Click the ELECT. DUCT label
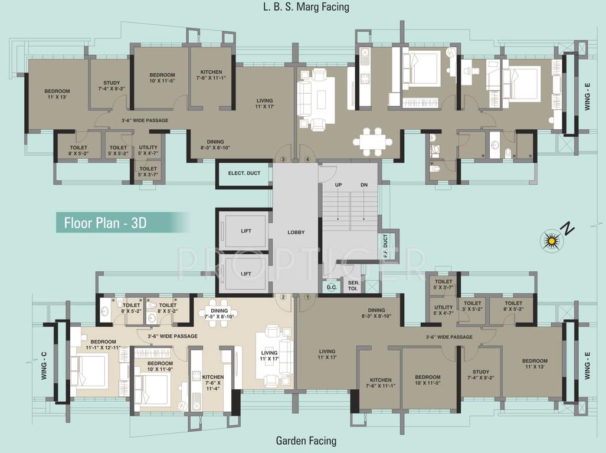(244, 173)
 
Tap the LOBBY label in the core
(296, 232)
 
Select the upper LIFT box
(246, 231)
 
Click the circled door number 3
(283, 159)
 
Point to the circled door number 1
(307, 297)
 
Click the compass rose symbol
(552, 241)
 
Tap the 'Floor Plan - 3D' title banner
(123, 223)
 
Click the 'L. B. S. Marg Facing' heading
(306, 7)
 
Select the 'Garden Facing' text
(306, 440)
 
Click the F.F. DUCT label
(385, 245)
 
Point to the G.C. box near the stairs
(332, 287)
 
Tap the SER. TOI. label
(353, 285)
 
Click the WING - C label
(44, 365)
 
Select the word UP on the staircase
(338, 185)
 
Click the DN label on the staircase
(364, 185)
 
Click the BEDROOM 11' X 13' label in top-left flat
(57, 94)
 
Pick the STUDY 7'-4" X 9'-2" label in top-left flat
(112, 86)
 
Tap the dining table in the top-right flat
(373, 142)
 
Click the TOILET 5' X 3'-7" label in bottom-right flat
(443, 284)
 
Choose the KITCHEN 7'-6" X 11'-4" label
(213, 382)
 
